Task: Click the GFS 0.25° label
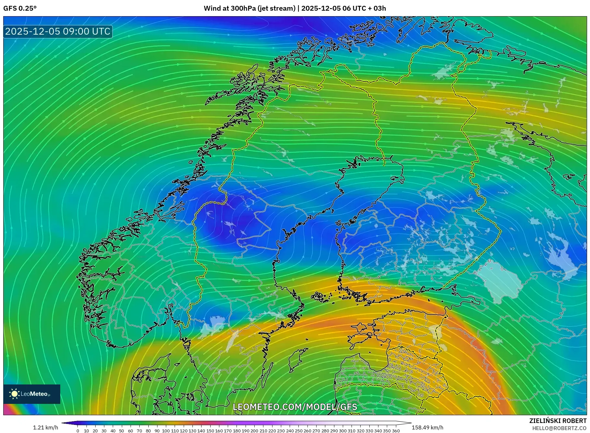[20, 8]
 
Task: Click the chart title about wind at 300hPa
[295, 8]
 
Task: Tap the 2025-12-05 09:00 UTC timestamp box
[58, 31]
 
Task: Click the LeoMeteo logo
[32, 394]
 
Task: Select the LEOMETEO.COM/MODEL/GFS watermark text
[295, 407]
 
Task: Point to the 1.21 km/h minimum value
[45, 427]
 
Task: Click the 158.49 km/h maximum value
[427, 427]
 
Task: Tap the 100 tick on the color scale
[166, 431]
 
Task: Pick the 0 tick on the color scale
[78, 431]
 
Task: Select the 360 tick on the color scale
[396, 431]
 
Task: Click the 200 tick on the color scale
[254, 431]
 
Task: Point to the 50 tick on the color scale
[122, 431]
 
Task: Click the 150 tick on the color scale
[210, 431]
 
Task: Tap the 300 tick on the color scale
[343, 431]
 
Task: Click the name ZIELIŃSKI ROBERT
[558, 421]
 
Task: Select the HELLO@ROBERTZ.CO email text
[559, 428]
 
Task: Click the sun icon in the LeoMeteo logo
[14, 394]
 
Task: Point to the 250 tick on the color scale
[298, 431]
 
